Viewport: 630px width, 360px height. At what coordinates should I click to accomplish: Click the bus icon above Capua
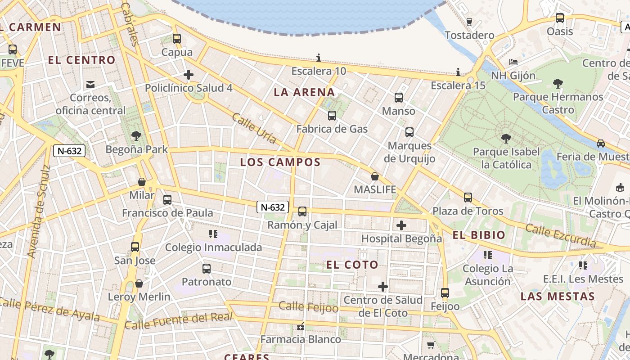(x=177, y=39)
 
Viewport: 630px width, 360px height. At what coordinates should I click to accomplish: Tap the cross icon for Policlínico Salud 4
(x=189, y=74)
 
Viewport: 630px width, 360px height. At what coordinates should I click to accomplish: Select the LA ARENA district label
(x=305, y=93)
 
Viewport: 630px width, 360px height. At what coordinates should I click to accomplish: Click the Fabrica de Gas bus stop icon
(x=332, y=116)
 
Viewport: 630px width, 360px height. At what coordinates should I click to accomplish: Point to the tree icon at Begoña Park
(x=136, y=136)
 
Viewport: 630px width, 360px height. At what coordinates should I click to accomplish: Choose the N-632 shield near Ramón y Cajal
(x=273, y=207)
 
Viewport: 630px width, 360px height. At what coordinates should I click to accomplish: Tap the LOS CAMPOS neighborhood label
(x=280, y=162)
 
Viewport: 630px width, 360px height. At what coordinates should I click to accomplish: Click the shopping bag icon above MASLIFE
(x=374, y=176)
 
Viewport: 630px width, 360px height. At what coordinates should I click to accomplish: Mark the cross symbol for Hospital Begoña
(x=401, y=225)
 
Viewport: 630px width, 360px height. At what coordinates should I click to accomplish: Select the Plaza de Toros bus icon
(x=468, y=198)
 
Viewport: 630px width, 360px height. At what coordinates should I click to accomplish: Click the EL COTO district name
(x=352, y=265)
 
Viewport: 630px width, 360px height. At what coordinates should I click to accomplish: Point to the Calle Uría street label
(x=254, y=128)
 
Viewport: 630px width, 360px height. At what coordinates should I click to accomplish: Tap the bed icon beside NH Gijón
(x=513, y=62)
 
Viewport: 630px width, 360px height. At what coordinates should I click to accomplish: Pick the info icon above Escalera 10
(x=319, y=58)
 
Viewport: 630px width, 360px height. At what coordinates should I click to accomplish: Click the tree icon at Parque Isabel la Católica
(x=506, y=139)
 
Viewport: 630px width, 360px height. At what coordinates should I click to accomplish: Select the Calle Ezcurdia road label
(x=561, y=236)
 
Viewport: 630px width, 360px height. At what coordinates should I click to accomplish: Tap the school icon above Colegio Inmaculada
(x=213, y=234)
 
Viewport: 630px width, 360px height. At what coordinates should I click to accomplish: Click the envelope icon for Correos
(x=90, y=84)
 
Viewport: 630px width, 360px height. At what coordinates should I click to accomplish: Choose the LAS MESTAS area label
(x=558, y=297)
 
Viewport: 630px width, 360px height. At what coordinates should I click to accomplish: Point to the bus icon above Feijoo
(x=445, y=293)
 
